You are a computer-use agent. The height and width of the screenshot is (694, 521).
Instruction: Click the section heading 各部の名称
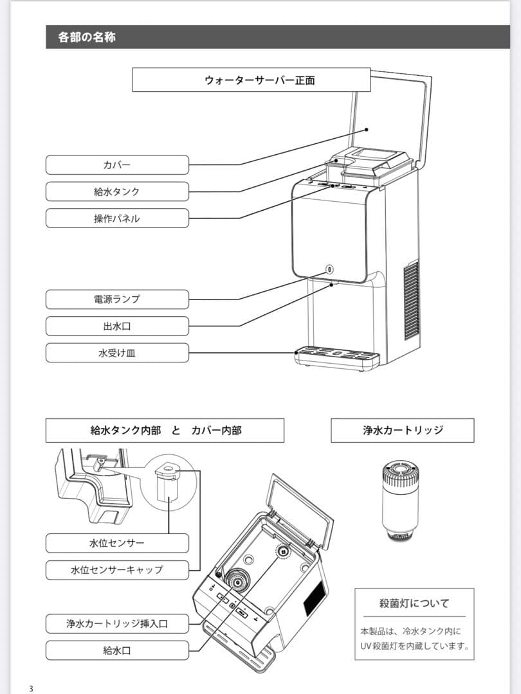tap(87, 37)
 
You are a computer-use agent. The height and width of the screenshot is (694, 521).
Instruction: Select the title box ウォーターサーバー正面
tap(251, 80)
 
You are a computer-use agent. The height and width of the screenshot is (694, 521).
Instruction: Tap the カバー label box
tap(117, 165)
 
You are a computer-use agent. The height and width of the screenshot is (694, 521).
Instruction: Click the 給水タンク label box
tap(117, 191)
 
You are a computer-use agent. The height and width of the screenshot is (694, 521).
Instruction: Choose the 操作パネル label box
tap(117, 218)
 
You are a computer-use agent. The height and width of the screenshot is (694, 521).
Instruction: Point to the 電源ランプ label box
tap(117, 299)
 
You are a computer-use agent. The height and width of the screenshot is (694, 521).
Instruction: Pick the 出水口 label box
tap(117, 326)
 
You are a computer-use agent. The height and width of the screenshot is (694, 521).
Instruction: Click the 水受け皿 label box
tap(117, 353)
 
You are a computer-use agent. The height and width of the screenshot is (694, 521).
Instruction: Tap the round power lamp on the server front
tap(330, 270)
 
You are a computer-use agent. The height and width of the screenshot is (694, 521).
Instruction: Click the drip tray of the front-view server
tap(336, 357)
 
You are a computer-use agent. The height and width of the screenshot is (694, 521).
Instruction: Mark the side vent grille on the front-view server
tap(410, 300)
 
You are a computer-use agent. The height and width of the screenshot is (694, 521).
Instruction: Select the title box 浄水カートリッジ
tap(402, 431)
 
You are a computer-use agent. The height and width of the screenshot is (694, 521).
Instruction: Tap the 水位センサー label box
tap(117, 543)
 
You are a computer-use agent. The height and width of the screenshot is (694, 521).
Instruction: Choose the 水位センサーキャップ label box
tap(117, 569)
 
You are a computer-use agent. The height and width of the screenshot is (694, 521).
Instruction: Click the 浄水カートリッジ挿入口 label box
tap(117, 623)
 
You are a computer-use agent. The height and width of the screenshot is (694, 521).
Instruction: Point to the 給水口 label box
tap(117, 650)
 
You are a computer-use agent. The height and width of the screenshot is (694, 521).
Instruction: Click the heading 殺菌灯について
tap(414, 603)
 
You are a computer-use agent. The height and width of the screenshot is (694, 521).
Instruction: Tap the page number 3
tap(30, 689)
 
